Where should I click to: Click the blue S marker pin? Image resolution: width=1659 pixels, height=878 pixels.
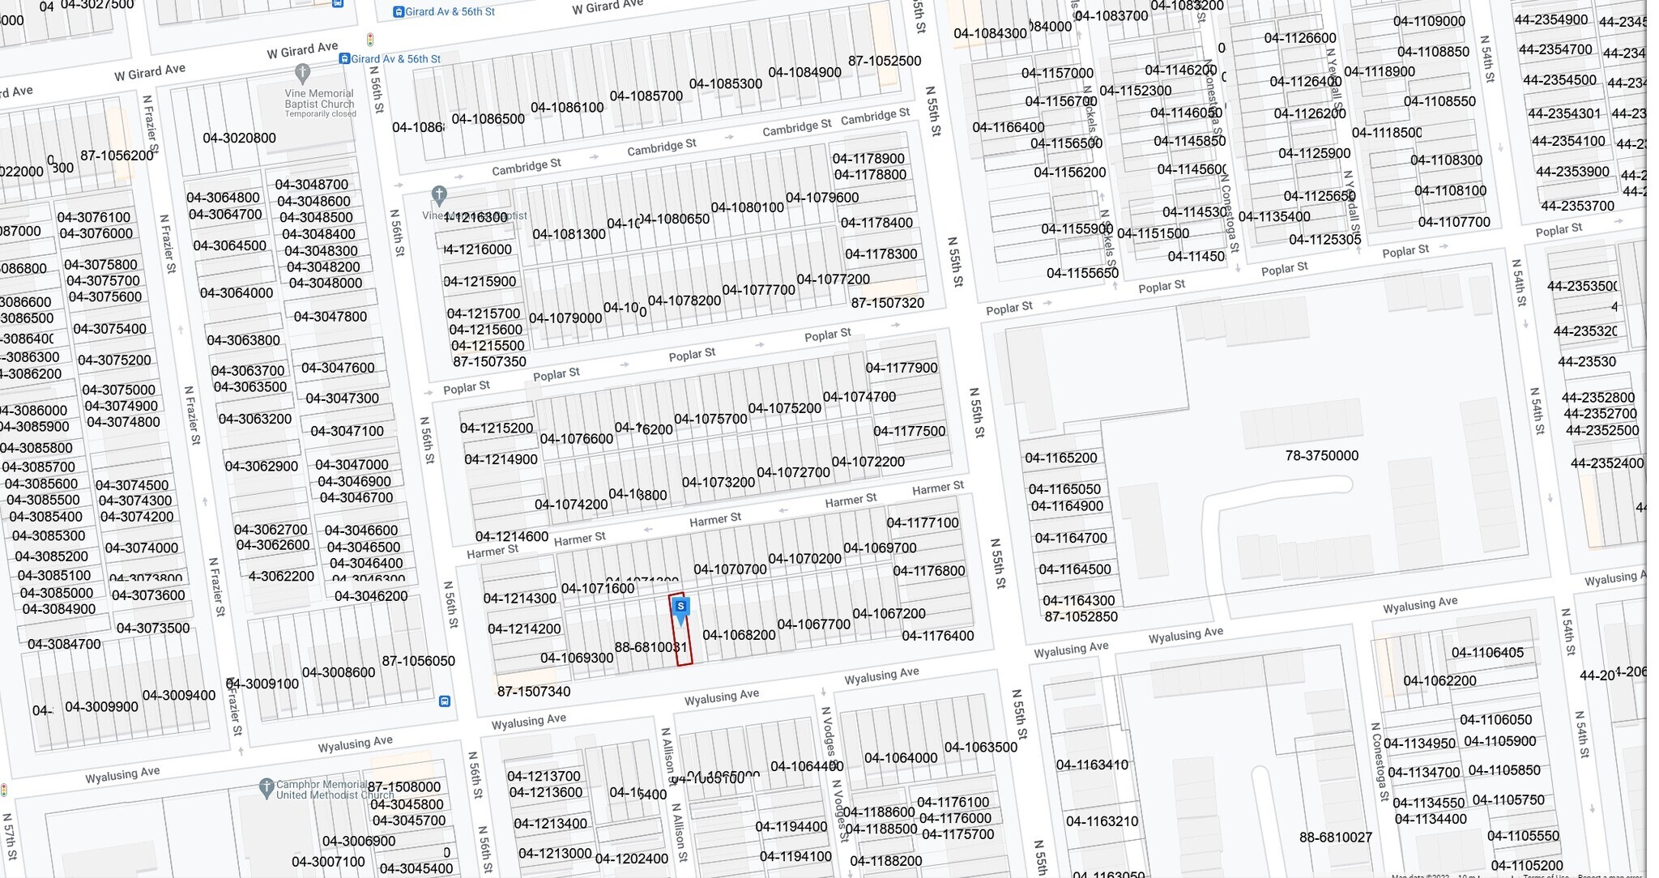pyautogui.click(x=680, y=608)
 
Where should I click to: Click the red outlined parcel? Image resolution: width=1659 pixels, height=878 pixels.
pyautogui.click(x=682, y=644)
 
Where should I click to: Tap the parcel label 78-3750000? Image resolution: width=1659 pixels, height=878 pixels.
pyautogui.click(x=1321, y=456)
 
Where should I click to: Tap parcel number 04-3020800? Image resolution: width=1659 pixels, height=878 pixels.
pyautogui.click(x=239, y=139)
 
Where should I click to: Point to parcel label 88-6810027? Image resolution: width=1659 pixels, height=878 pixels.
pyautogui.click(x=1335, y=838)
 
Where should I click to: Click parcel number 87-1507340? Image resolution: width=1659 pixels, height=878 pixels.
pyautogui.click(x=534, y=692)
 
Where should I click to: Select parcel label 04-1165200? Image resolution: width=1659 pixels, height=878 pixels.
pyautogui.click(x=1060, y=458)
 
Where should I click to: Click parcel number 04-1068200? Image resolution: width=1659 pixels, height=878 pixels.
pyautogui.click(x=739, y=635)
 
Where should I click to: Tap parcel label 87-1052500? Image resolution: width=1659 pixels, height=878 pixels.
pyautogui.click(x=884, y=62)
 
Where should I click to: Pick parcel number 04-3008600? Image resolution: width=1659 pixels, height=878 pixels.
pyautogui.click(x=339, y=673)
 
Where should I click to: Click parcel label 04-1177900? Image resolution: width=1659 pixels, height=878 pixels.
pyautogui.click(x=901, y=369)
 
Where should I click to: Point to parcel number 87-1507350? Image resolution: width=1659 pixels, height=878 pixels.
pyautogui.click(x=489, y=362)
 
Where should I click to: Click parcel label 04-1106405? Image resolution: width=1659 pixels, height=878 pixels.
pyautogui.click(x=1487, y=653)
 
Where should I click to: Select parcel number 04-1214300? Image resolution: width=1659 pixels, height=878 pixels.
pyautogui.click(x=519, y=599)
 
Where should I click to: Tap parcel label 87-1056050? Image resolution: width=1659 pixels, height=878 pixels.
pyautogui.click(x=418, y=661)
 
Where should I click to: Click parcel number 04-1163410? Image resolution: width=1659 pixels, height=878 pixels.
pyautogui.click(x=1091, y=765)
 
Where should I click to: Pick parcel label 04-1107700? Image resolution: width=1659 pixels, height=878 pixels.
pyautogui.click(x=1453, y=222)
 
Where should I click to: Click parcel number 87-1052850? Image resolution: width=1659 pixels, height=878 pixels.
pyautogui.click(x=1081, y=617)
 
